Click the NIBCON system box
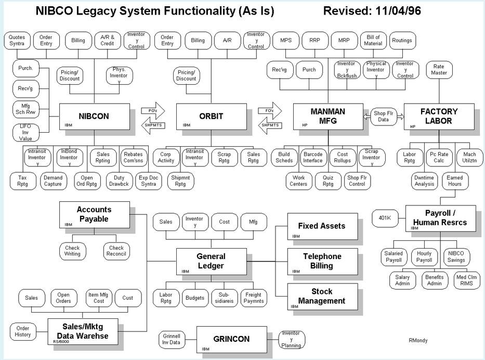pyautogui.click(x=94, y=117)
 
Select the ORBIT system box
pyautogui.click(x=211, y=117)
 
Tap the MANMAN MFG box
pyautogui.click(x=327, y=117)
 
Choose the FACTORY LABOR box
pyautogui.click(x=439, y=116)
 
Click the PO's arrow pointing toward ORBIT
pyautogui.click(x=152, y=110)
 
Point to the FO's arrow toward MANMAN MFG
pyautogui.click(x=270, y=110)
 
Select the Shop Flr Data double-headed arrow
pyautogui.click(x=384, y=116)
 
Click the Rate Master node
pyautogui.click(x=439, y=70)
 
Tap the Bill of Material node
pyautogui.click(x=374, y=40)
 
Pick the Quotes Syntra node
pyautogui.click(x=17, y=41)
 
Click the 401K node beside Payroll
pyautogui.click(x=385, y=217)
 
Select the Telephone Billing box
pyautogui.click(x=323, y=261)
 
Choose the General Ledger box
pyautogui.click(x=211, y=261)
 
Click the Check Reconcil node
pyautogui.click(x=116, y=251)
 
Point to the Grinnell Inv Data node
pyautogui.click(x=171, y=339)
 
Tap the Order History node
pyautogui.click(x=23, y=331)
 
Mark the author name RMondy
pyautogui.click(x=418, y=341)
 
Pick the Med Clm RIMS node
pyautogui.click(x=466, y=280)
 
